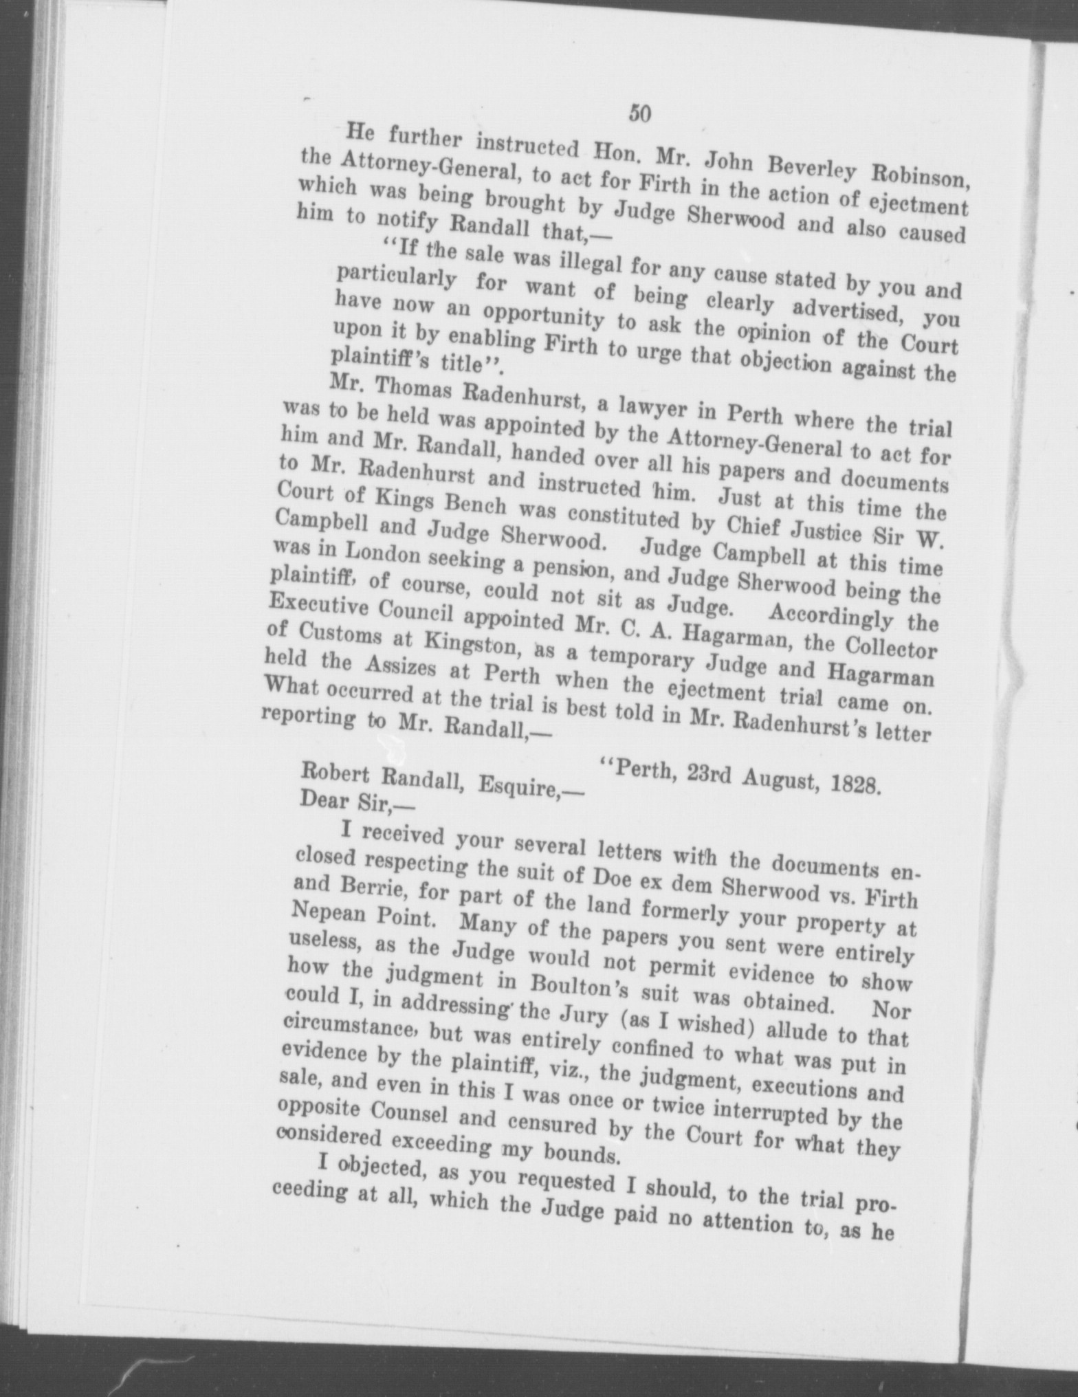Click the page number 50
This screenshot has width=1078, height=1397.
coord(639,113)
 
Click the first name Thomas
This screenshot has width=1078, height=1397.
coord(408,392)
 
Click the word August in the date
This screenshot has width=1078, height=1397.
coord(767,781)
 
